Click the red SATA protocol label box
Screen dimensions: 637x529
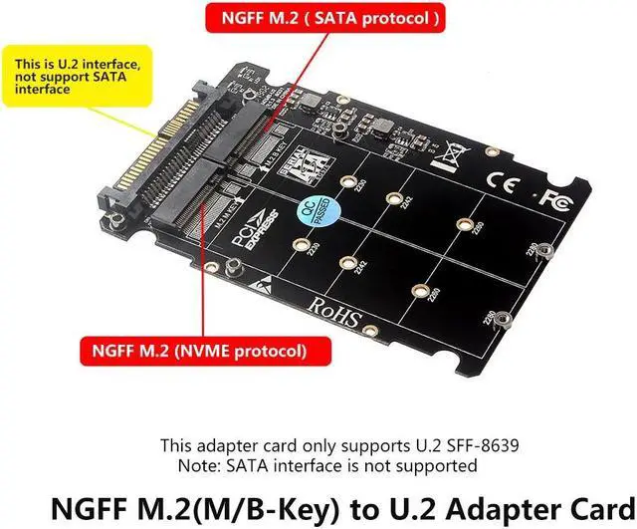click(x=321, y=18)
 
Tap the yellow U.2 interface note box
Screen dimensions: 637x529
click(x=69, y=77)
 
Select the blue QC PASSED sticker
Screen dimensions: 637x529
click(x=317, y=211)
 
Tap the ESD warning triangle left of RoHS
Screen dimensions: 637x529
click(x=261, y=286)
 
